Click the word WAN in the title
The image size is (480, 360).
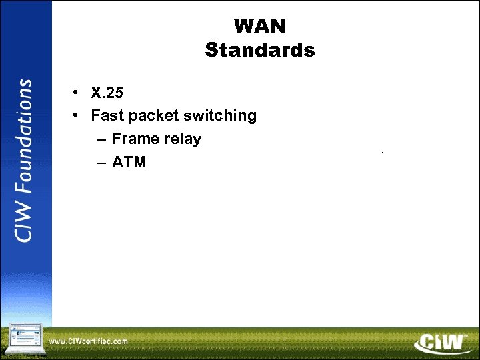(260, 26)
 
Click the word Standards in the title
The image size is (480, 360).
(260, 50)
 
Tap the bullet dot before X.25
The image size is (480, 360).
(78, 92)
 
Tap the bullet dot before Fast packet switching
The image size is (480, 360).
(78, 115)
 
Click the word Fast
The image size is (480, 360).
(107, 115)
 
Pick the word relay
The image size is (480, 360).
(184, 139)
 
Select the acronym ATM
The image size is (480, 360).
(129, 162)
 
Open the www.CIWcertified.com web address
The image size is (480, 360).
(89, 341)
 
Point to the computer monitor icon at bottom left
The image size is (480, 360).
(25, 339)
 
